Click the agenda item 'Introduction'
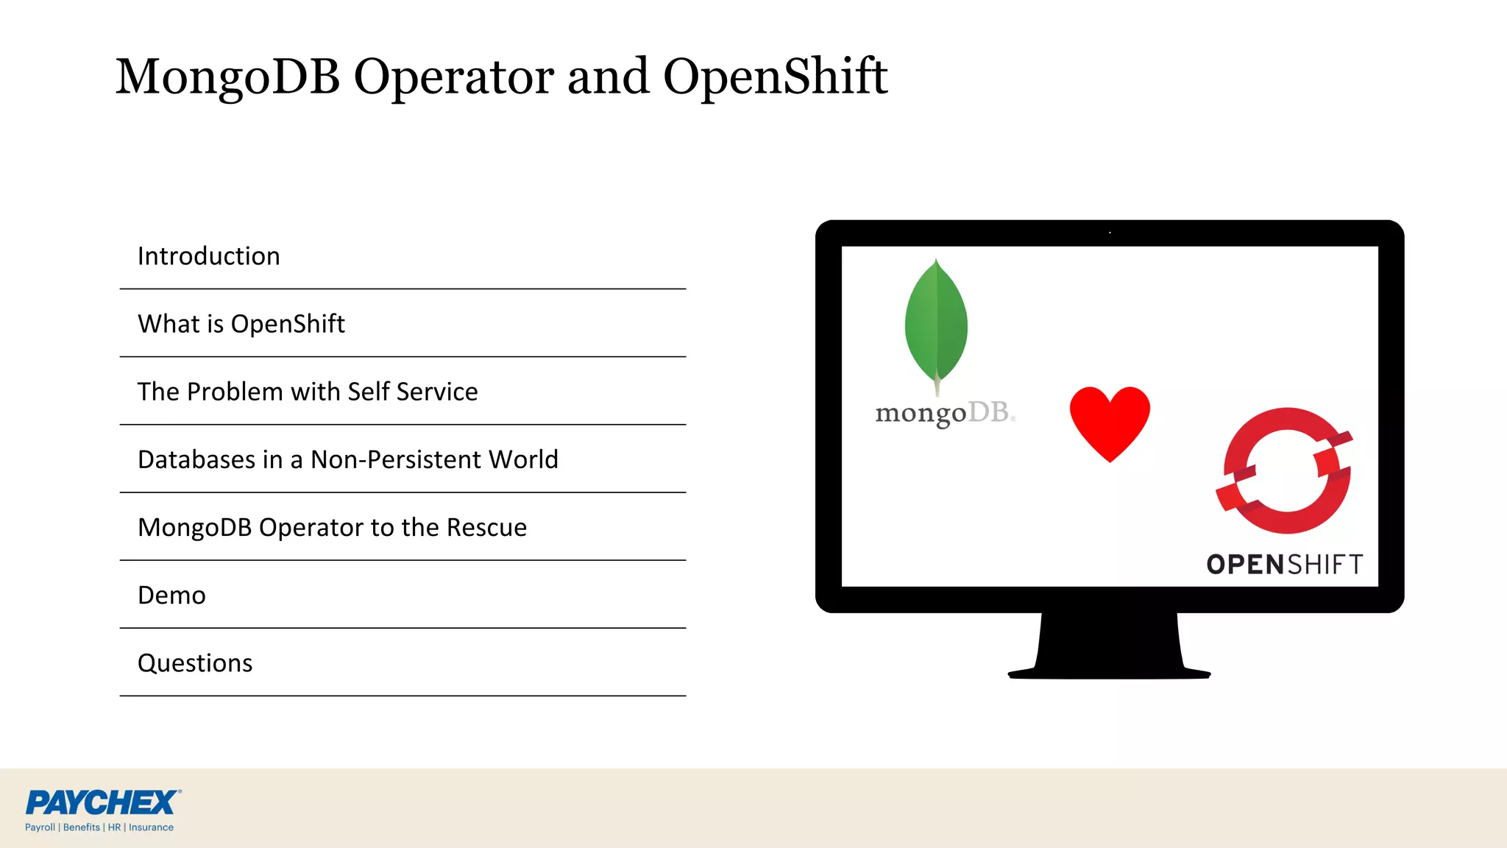(209, 256)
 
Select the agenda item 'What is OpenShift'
(241, 324)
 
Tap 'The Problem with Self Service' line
(308, 392)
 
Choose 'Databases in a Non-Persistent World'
(348, 459)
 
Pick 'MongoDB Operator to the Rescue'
(332, 528)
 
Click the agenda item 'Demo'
(171, 595)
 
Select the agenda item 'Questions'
(195, 663)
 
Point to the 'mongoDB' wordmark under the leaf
(944, 413)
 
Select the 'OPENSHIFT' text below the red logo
(1285, 565)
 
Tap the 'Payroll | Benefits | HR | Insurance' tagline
(99, 827)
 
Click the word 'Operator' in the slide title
(454, 77)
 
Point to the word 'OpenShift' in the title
(776, 77)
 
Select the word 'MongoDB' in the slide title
(228, 77)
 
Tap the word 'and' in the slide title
(609, 77)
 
